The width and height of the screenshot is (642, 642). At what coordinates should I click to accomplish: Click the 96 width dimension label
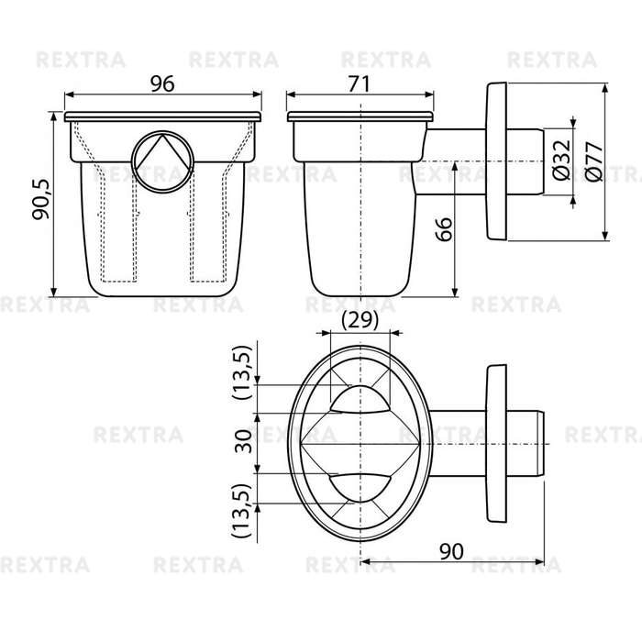pyautogui.click(x=162, y=83)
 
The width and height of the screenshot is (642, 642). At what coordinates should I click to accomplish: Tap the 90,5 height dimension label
pyautogui.click(x=41, y=199)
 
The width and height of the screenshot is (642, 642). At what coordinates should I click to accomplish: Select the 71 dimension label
pyautogui.click(x=360, y=84)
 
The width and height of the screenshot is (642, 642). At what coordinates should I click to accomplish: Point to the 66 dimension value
pyautogui.click(x=444, y=229)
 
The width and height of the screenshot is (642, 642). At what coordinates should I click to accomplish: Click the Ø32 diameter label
pyautogui.click(x=561, y=160)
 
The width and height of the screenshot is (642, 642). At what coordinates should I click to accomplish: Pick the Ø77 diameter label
pyautogui.click(x=594, y=161)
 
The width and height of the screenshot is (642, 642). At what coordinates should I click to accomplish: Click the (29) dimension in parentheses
pyautogui.click(x=360, y=320)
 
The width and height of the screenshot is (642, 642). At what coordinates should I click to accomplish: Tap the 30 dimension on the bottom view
pyautogui.click(x=244, y=441)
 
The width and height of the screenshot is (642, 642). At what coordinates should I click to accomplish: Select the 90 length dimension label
pyautogui.click(x=451, y=551)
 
